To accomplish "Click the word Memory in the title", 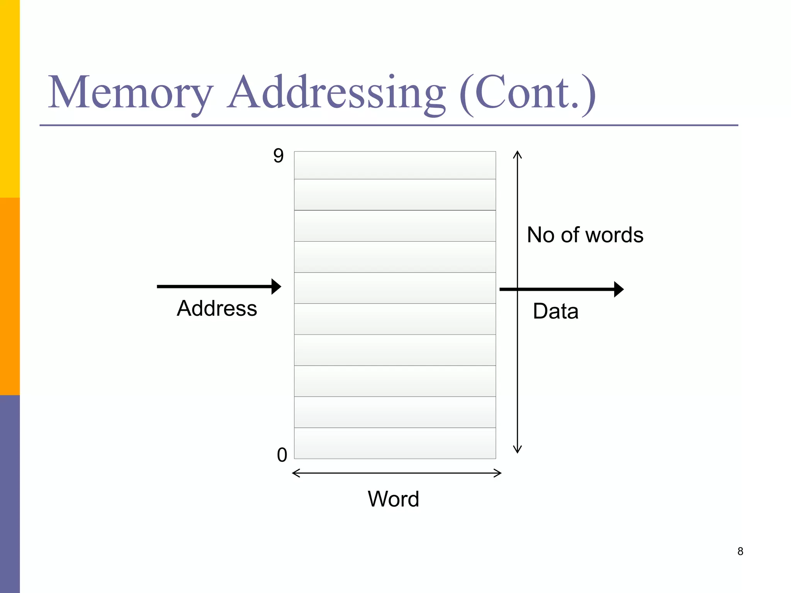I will point(130,93).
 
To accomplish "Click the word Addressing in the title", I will point(336,93).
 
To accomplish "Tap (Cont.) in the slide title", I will point(528,93).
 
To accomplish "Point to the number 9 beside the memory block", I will point(278,156).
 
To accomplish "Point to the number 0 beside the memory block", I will point(282,455).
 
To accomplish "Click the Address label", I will point(217,308).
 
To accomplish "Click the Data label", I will point(555,311).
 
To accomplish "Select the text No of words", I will point(585,235).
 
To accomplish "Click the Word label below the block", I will point(393,499).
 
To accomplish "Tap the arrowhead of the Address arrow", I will point(276,286).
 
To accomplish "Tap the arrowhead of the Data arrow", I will point(619,289).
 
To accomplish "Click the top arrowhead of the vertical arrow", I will point(518,154).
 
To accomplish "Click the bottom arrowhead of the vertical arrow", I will point(518,450).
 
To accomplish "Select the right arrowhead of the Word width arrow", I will point(498,473).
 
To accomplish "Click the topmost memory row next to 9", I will point(395,165).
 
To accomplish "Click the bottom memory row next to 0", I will point(395,443).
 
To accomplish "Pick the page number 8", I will point(740,551).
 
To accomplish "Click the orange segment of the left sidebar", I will point(10,296).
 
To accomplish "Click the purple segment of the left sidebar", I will point(10,494).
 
